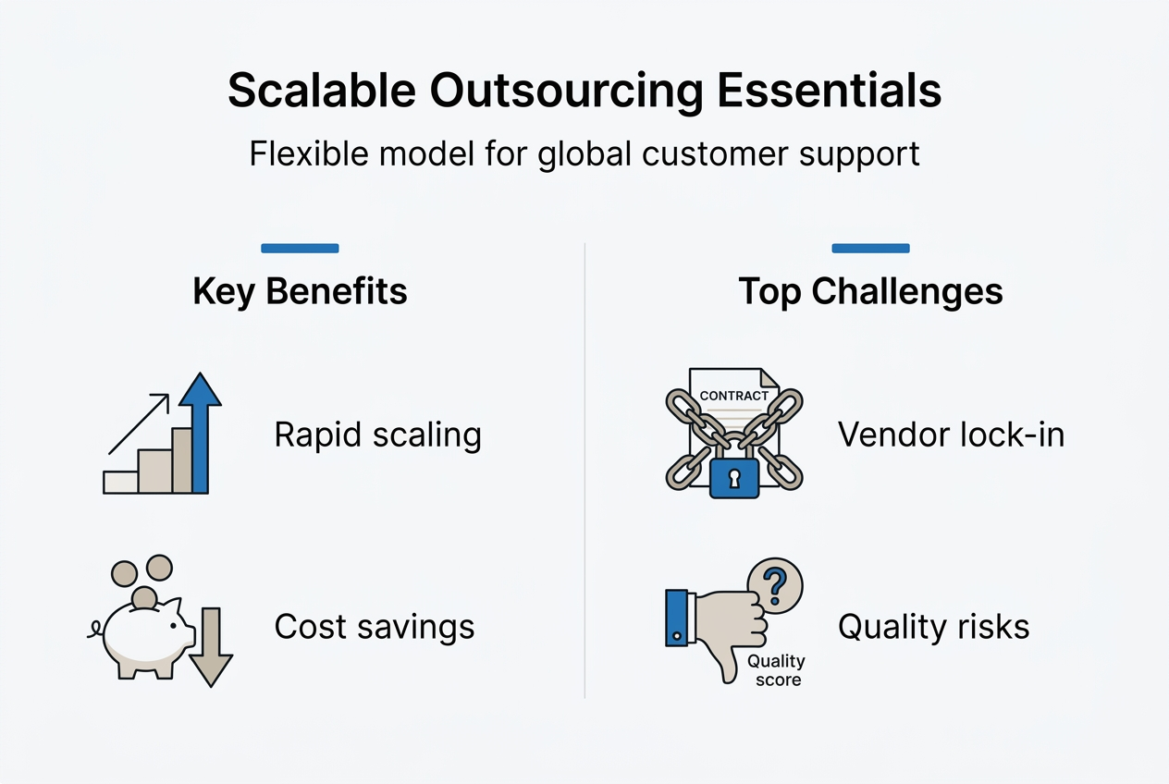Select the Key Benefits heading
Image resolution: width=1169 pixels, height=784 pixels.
coord(300,291)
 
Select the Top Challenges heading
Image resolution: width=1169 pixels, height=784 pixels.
coord(870,291)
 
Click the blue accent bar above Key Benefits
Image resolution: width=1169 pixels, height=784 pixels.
coord(300,248)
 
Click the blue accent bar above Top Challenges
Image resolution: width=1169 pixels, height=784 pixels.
coord(870,248)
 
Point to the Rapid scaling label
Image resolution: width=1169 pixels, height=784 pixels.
coord(377,435)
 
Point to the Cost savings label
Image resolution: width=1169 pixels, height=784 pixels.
coord(374,627)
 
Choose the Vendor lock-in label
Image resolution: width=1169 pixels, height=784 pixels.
coord(951,435)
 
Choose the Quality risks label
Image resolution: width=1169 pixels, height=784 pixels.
coord(933,627)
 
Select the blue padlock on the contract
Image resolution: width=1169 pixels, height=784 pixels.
coord(734,476)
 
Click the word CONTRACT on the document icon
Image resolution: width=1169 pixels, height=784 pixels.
coord(733,396)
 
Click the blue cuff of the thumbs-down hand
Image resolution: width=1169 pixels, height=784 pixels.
coord(678,617)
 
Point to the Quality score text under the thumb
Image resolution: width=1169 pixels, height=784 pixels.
coord(776,670)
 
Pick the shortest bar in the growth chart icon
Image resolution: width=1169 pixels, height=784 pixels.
coord(120,481)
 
